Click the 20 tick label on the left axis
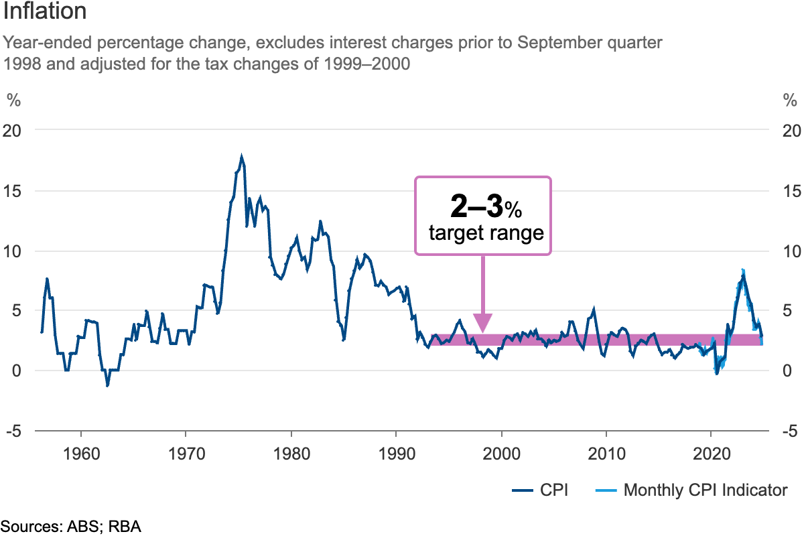tap(13, 130)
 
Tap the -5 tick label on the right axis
tap(790, 431)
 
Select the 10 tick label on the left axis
tap(13, 251)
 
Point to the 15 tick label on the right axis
tap(790, 190)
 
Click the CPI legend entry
tap(553, 490)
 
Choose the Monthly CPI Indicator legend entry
tap(706, 490)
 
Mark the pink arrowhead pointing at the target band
tap(483, 323)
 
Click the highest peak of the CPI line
tap(242, 157)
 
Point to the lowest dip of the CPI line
tap(107, 386)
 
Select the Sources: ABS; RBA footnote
tap(70, 527)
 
